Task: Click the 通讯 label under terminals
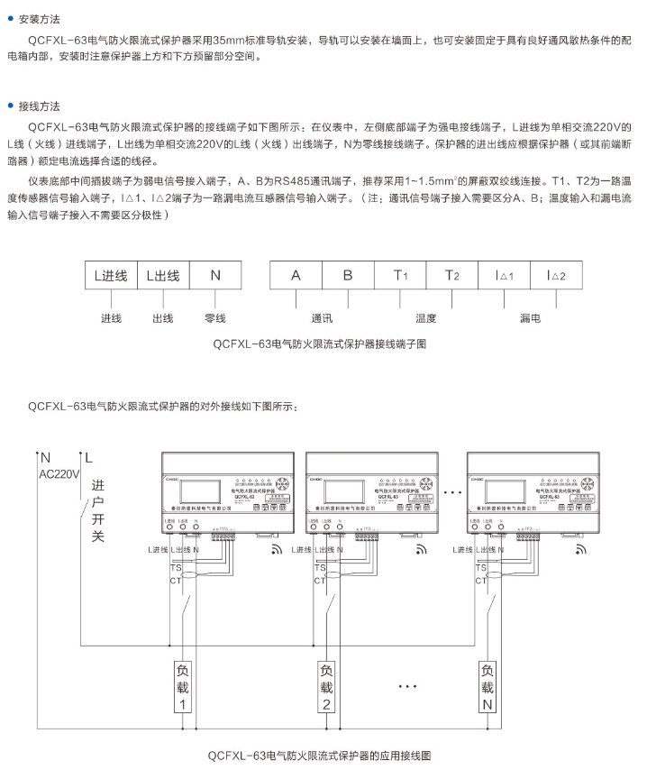[322, 318]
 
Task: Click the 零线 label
[215, 318]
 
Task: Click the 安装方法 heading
[41, 19]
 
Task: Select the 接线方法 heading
[41, 106]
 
